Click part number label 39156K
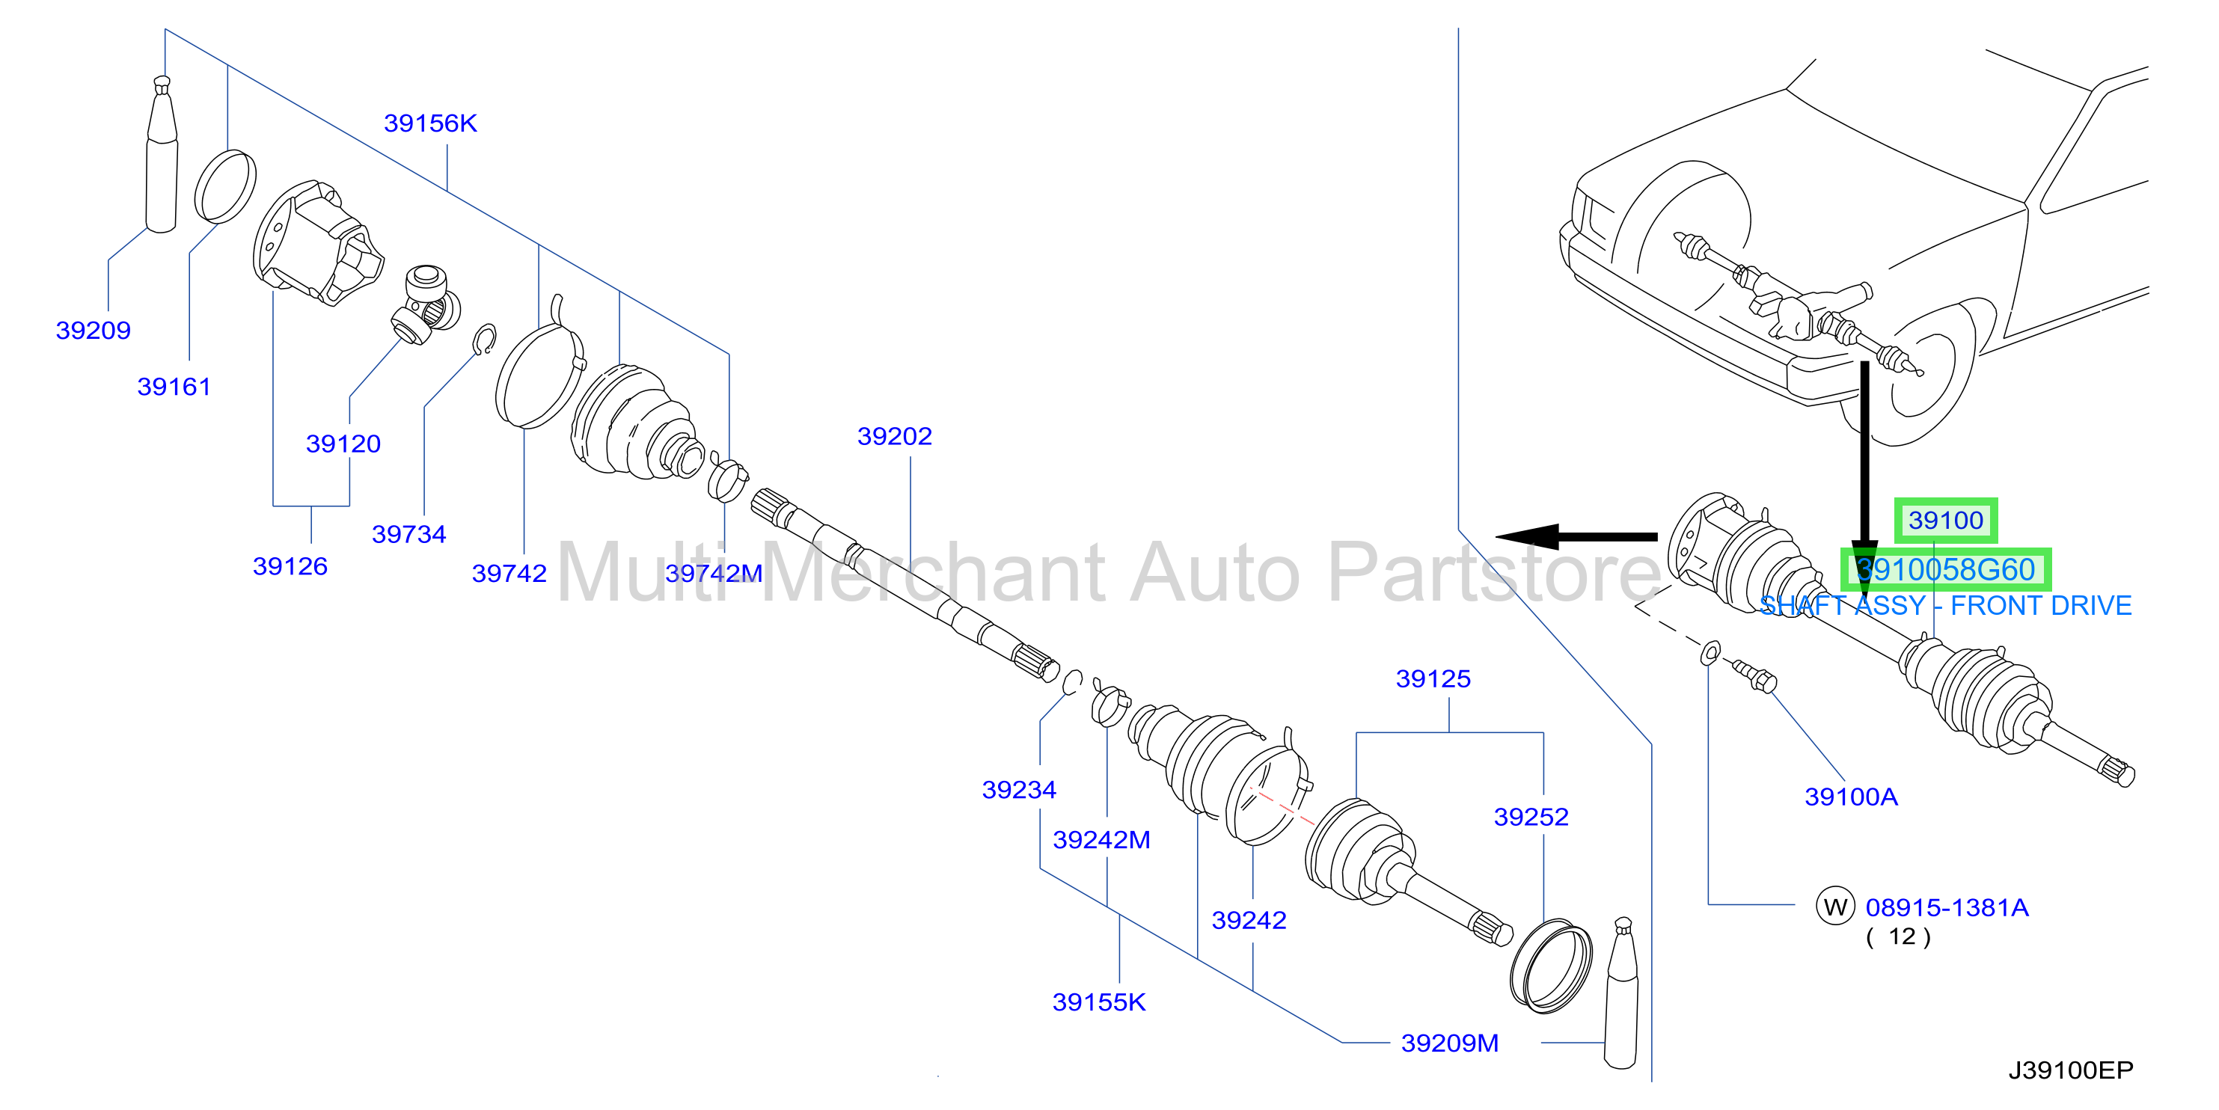point(430,123)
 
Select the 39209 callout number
point(93,330)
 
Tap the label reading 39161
point(174,387)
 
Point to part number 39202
point(894,436)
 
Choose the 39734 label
point(409,534)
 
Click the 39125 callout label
point(1433,678)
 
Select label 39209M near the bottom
point(1450,1043)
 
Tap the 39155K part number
point(1099,1002)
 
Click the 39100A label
point(1851,797)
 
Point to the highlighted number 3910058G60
point(1946,569)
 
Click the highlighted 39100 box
point(1946,520)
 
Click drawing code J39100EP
point(2071,1070)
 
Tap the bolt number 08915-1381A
point(1947,907)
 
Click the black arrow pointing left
point(1576,536)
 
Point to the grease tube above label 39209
point(162,155)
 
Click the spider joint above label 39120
point(426,305)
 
